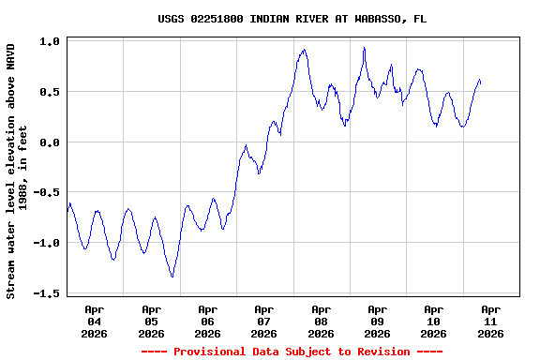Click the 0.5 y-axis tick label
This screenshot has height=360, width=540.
point(51,92)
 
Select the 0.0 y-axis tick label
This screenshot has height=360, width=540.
point(51,142)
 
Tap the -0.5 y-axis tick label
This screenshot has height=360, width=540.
point(47,192)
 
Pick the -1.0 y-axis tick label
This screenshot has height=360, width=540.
point(47,243)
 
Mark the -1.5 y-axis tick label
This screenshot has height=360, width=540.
point(47,293)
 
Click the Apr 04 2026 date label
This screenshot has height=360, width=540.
point(95,321)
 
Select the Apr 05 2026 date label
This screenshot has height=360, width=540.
point(151,321)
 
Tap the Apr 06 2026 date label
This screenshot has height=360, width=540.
point(207,321)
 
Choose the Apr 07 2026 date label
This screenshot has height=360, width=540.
point(264,321)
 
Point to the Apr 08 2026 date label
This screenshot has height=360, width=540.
point(321,321)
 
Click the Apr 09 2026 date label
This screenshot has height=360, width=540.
point(377,321)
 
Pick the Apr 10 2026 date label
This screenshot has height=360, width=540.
point(433,321)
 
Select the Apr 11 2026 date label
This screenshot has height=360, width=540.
point(490,321)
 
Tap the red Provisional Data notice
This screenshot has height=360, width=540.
point(292,352)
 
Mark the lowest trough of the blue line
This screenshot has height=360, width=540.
point(172,277)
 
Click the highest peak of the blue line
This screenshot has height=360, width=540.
point(364,48)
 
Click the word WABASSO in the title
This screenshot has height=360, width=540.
point(360,18)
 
